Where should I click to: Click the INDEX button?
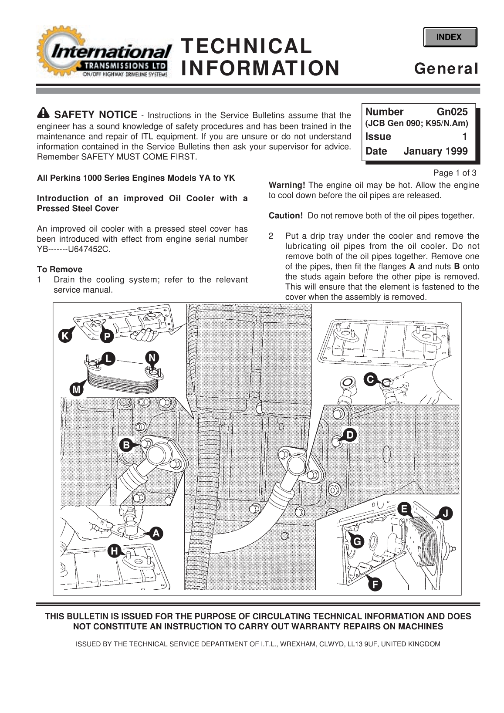450,37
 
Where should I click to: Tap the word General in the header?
446,69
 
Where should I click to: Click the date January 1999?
435,151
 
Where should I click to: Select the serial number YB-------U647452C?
74,249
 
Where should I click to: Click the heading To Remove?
60,269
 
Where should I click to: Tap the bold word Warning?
287,185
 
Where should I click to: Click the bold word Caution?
285,216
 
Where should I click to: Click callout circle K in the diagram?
65,336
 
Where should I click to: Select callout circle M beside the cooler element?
77,389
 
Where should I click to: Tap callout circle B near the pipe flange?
126,445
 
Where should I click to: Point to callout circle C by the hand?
370,379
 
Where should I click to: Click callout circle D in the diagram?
350,435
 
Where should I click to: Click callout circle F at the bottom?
375,585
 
